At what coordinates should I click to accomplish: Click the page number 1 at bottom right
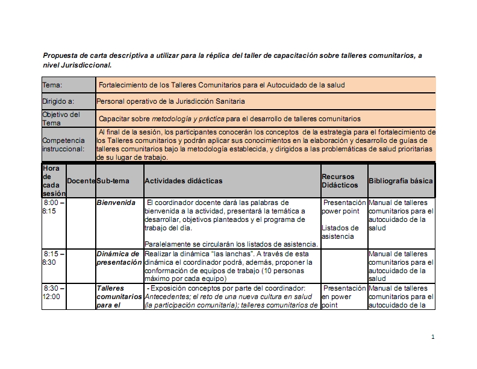pos(432,336)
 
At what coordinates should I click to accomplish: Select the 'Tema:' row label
pos(52,85)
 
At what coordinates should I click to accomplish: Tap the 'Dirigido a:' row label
pos(58,101)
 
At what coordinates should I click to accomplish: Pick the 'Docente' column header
pos(81,181)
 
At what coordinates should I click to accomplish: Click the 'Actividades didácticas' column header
pos(184,181)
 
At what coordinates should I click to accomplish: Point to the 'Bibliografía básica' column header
pos(401,181)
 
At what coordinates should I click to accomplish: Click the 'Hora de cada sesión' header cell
pos(54,181)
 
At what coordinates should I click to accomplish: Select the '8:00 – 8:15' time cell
pos(53,207)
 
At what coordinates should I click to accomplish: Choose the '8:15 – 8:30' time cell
pos(53,259)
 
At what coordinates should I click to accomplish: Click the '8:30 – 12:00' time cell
pos(53,292)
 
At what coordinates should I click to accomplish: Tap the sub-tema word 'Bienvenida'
pos(116,203)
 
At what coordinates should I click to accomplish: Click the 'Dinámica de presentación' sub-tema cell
pos(118,258)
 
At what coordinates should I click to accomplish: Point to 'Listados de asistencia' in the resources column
pos(340,232)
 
